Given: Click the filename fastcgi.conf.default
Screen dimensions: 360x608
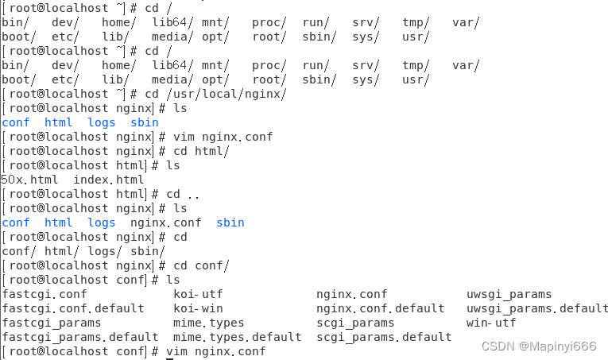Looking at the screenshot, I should tap(73, 308).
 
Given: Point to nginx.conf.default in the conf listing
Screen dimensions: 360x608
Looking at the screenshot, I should tap(380, 308).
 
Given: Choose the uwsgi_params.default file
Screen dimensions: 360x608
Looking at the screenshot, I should tap(537, 308).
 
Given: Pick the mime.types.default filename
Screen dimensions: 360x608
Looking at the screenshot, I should tap(237, 337).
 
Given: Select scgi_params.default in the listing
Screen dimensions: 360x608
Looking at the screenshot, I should tap(384, 337).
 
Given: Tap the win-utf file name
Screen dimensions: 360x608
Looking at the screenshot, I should tap(491, 323).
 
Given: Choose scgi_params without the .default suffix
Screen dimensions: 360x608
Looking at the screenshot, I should tap(355, 323).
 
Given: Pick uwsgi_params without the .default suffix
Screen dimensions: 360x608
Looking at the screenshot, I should tap(509, 294).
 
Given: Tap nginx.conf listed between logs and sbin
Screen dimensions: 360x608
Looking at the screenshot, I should tap(166, 223).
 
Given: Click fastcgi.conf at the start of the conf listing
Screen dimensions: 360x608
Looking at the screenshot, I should tap(45, 294).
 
